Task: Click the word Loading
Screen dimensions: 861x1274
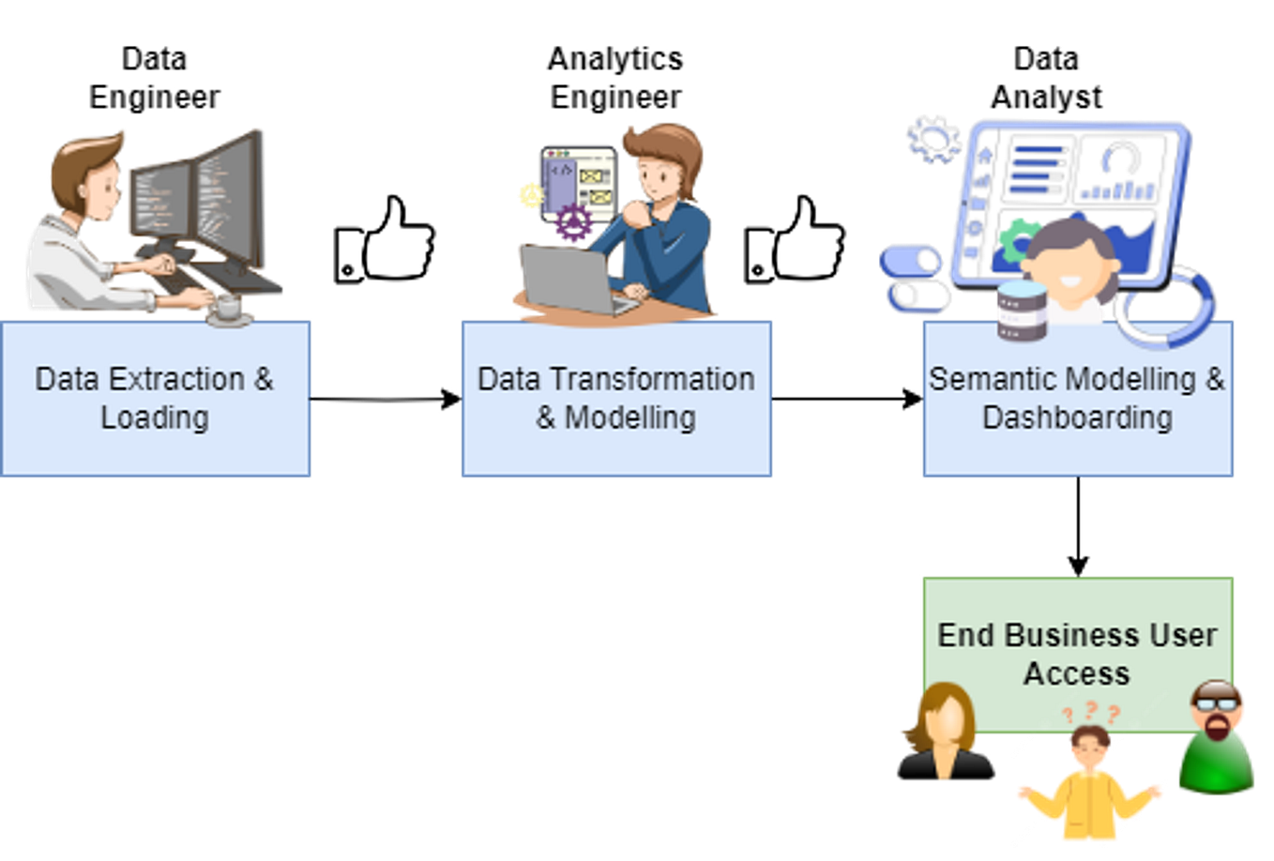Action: click(x=155, y=417)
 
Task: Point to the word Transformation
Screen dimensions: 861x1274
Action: click(x=651, y=379)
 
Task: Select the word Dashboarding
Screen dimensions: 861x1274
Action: click(x=1077, y=417)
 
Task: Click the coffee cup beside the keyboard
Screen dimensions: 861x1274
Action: click(x=229, y=307)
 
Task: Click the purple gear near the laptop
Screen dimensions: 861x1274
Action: click(x=572, y=225)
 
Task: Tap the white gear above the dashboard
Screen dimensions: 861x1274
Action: click(x=933, y=139)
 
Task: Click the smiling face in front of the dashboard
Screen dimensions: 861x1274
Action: click(x=1070, y=267)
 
